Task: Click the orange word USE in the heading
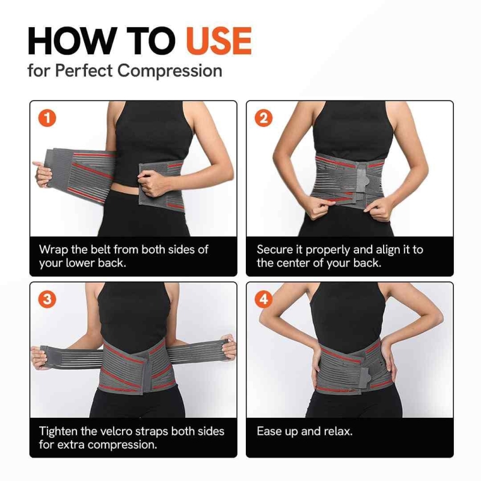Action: (x=219, y=41)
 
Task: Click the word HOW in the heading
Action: (x=71, y=41)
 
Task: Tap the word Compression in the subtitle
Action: (x=170, y=71)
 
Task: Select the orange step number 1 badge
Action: (x=47, y=118)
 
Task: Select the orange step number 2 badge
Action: (x=264, y=118)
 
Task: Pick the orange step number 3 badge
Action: (x=47, y=299)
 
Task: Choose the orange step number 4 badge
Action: (x=264, y=299)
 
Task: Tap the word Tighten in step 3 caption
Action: (x=58, y=432)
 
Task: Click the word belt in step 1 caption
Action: (x=100, y=250)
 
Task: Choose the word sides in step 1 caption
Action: (x=183, y=250)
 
